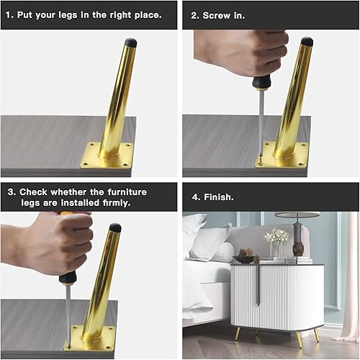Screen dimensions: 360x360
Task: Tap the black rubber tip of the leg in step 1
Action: tap(130, 42)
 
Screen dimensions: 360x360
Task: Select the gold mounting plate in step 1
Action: tap(107, 155)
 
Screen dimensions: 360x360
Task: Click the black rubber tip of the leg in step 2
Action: tap(307, 42)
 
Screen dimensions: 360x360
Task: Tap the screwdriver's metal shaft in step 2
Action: tap(260, 119)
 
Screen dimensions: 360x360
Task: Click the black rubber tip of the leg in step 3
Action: tap(115, 228)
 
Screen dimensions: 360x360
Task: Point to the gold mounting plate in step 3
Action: tap(91, 336)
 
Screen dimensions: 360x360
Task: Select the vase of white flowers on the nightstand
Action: tap(276, 242)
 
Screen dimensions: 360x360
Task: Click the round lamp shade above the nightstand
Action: tap(297, 215)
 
